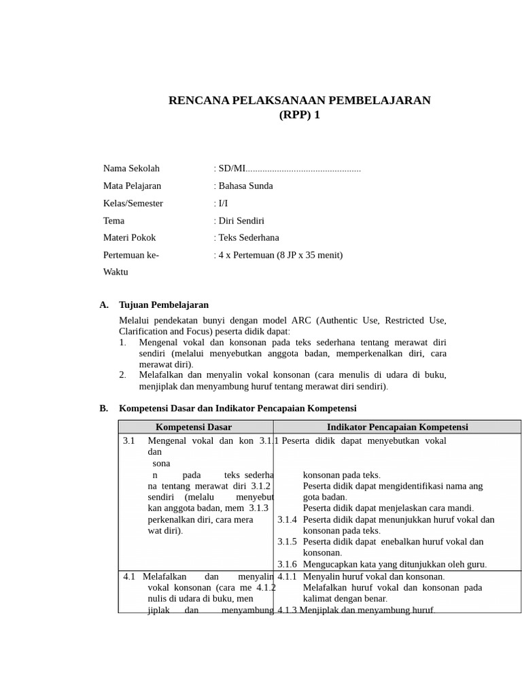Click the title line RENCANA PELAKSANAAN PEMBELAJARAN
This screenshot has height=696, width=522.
(299, 101)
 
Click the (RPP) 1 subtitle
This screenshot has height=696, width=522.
(299, 115)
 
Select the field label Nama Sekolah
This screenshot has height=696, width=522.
(131, 169)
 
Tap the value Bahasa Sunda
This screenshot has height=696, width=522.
(245, 186)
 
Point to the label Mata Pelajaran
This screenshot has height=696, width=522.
(132, 186)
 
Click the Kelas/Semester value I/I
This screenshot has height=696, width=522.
(223, 203)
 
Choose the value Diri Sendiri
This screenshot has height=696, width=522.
(241, 221)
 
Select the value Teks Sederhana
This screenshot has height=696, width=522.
(248, 238)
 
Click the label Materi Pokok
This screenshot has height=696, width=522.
(129, 238)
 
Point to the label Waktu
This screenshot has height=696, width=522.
(116, 272)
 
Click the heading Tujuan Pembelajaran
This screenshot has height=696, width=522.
(163, 305)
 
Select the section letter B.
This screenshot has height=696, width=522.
(103, 408)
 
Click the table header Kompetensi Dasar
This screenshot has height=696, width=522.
(194, 427)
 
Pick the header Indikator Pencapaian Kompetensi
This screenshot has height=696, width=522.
(397, 427)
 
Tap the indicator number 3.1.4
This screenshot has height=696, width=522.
(287, 519)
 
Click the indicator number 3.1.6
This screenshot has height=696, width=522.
(287, 564)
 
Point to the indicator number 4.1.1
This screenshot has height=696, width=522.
(287, 576)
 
